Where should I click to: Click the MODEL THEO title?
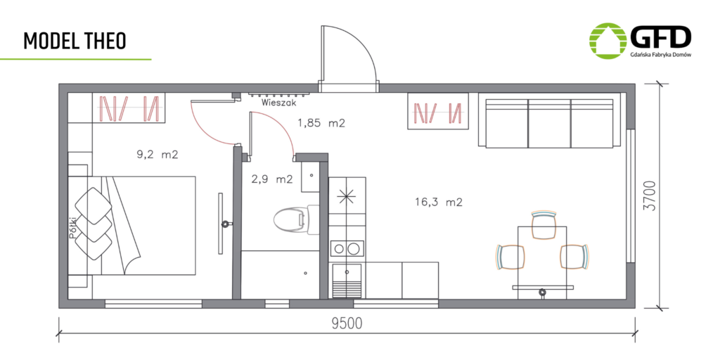[x=75, y=41]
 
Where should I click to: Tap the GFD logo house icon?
[x=607, y=41]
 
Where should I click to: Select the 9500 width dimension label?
[x=347, y=323]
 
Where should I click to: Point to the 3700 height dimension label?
[x=650, y=196]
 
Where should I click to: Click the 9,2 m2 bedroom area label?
[x=157, y=155]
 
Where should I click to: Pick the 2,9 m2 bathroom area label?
[x=272, y=179]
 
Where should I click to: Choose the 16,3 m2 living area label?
[x=439, y=202]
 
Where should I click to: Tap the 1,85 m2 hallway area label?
[x=321, y=123]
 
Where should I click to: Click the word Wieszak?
[x=276, y=103]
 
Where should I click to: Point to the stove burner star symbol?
[x=347, y=196]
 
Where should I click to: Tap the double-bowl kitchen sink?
[x=347, y=249]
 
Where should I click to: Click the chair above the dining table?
[x=544, y=225]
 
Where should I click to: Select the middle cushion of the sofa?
[x=549, y=123]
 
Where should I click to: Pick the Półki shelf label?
[x=72, y=228]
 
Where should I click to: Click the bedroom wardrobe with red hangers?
[x=129, y=108]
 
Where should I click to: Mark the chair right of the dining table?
[x=574, y=257]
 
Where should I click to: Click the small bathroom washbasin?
[x=311, y=181]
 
